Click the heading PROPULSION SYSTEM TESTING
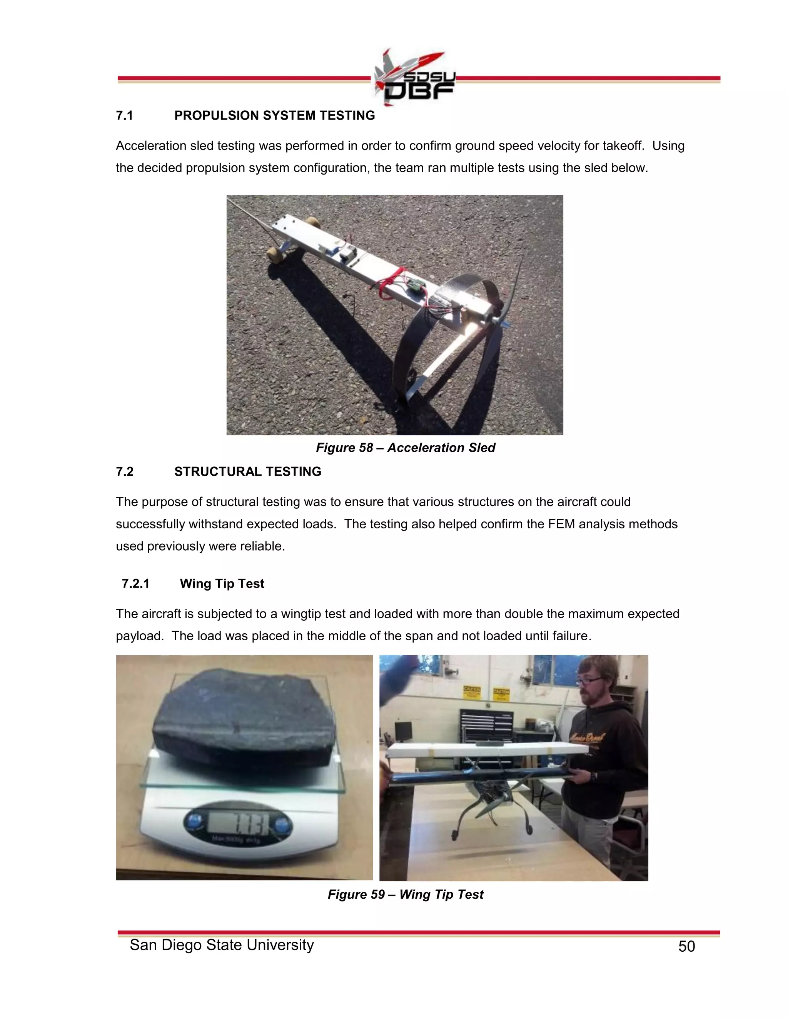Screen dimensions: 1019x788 click(x=274, y=116)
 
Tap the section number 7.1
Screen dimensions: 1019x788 click(x=125, y=116)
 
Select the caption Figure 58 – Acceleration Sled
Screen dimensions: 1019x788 click(x=405, y=448)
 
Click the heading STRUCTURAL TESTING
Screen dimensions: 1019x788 click(x=247, y=472)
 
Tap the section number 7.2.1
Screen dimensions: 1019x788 click(x=135, y=584)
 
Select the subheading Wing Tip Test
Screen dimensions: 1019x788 click(x=222, y=584)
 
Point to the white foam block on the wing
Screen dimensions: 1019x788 click(x=486, y=750)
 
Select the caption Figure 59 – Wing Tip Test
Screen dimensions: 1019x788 click(x=405, y=894)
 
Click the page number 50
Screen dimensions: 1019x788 click(x=686, y=947)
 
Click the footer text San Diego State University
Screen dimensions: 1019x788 click(x=222, y=945)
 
